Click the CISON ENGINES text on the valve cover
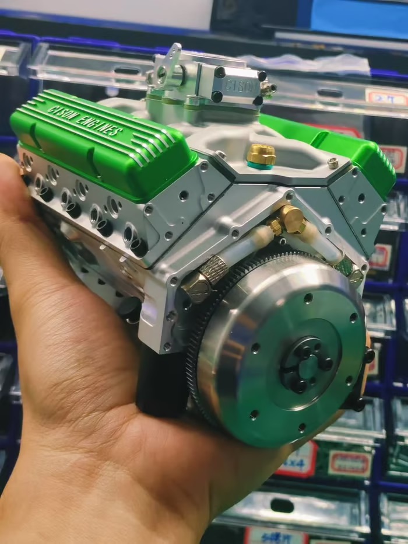point(86,120)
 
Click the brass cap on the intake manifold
point(261,154)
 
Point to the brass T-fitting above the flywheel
point(290,221)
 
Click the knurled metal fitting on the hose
point(213,271)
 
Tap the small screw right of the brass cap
point(333,163)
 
